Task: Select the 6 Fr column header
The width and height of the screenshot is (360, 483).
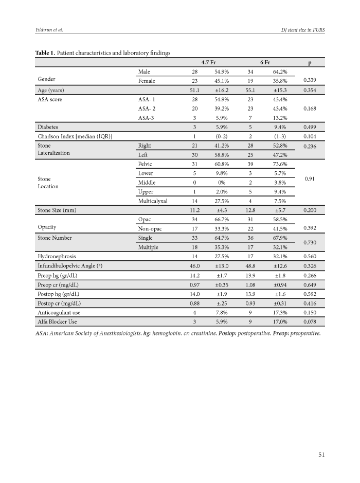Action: [x=266, y=62]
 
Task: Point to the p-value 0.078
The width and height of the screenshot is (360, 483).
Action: [x=309, y=322]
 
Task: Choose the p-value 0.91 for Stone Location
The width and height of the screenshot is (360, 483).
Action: [x=309, y=179]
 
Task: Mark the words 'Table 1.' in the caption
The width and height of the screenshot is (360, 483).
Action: [x=45, y=52]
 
